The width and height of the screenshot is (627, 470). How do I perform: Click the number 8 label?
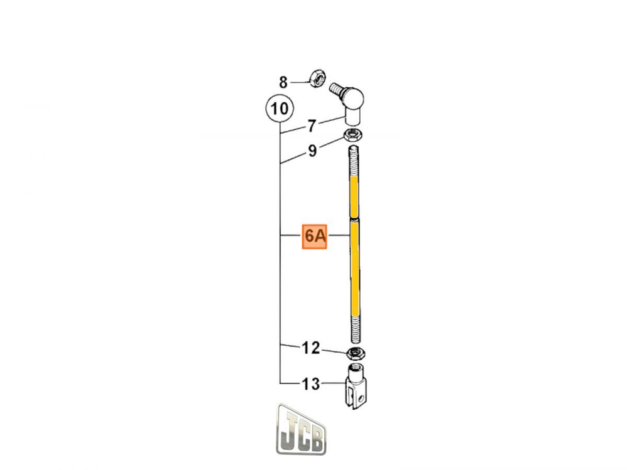pos(283,82)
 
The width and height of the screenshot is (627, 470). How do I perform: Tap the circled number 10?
pos(278,109)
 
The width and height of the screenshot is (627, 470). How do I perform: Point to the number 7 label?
pos(312,126)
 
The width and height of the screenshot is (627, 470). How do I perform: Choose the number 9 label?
pos(312,151)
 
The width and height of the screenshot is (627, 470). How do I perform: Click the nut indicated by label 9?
pos(354,134)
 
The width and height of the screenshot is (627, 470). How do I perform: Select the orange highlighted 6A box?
pos(315,236)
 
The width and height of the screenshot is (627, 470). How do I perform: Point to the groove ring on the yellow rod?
pos(355,219)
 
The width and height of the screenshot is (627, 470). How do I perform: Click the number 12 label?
pos(311,348)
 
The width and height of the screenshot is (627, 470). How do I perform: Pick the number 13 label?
pos(311,383)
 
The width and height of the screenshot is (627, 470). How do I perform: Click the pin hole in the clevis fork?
pos(361,396)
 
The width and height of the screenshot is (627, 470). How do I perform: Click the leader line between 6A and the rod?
pos(339,236)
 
